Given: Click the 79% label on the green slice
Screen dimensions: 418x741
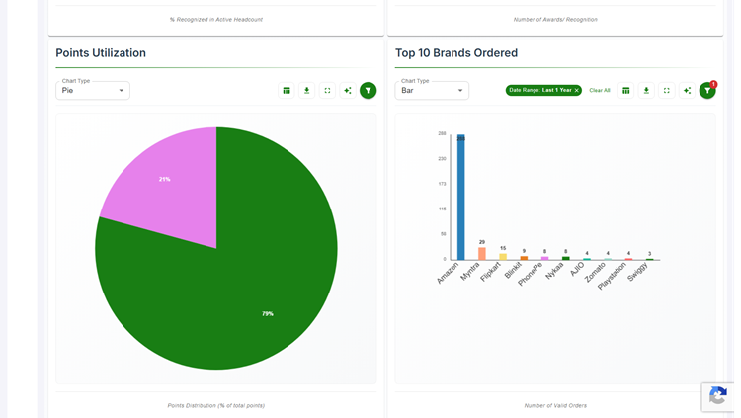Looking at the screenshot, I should [x=268, y=314].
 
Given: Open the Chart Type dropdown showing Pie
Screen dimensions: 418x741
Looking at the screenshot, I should [x=93, y=90].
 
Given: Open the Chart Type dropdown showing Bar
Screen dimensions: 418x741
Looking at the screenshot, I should [x=432, y=90].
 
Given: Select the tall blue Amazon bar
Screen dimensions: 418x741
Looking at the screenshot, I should [x=460, y=198].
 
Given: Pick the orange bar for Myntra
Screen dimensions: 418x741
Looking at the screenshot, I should [x=482, y=254].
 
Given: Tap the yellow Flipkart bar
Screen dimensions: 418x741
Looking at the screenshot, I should [x=503, y=256].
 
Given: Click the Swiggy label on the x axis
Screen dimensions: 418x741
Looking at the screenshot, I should [x=638, y=272].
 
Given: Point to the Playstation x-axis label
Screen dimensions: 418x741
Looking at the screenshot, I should [x=613, y=276].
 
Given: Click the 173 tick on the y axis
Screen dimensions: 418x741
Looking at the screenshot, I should [x=442, y=184].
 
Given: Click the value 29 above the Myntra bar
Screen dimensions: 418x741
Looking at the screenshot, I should [x=482, y=242].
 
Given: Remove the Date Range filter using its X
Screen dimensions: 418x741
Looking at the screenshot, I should [x=577, y=90].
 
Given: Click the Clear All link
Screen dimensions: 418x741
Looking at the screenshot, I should [x=600, y=90].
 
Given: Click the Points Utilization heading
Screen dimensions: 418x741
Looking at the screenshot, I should [x=101, y=53].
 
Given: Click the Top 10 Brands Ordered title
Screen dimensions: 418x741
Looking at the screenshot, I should [x=455, y=53].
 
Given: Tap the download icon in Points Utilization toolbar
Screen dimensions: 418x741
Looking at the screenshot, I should [x=307, y=90].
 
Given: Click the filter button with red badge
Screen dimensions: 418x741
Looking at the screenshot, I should [x=707, y=90].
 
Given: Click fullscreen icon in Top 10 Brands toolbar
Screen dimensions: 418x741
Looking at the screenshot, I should [x=667, y=90].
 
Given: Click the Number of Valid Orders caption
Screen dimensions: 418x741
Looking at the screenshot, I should [x=555, y=405].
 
